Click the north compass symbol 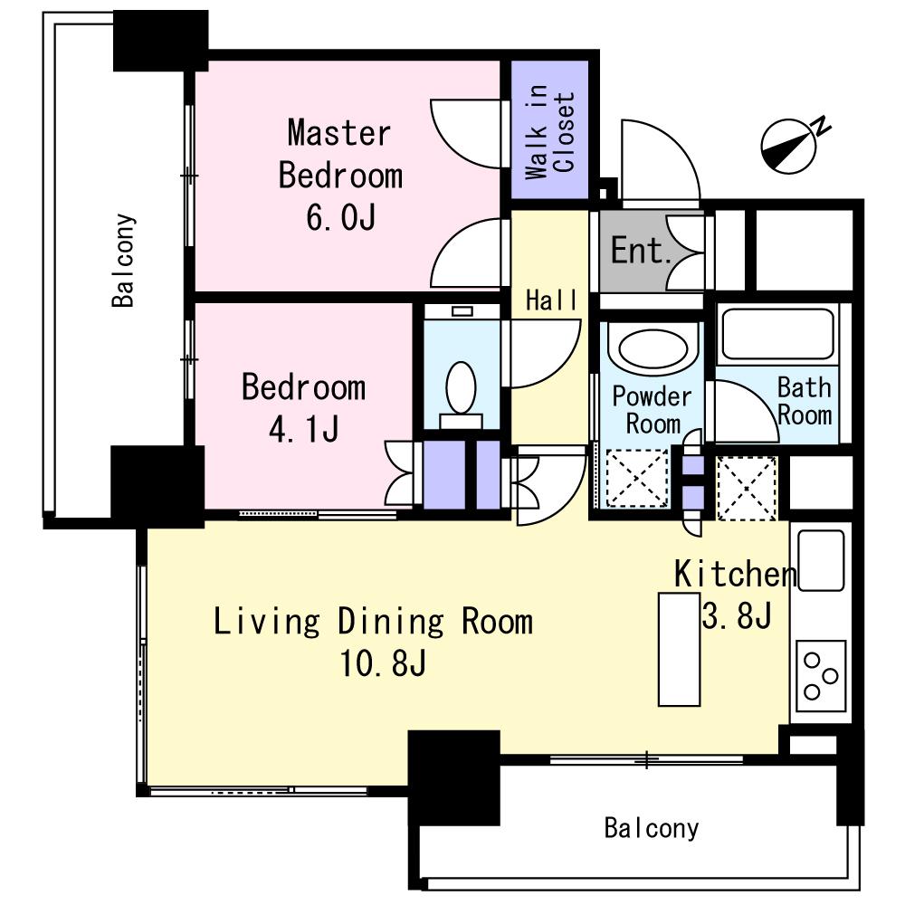click(791, 146)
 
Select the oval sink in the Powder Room click(653, 348)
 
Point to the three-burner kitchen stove click(821, 675)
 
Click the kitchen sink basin click(821, 560)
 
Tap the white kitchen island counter click(680, 649)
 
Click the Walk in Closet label click(550, 132)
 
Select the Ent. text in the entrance click(640, 251)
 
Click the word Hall click(551, 300)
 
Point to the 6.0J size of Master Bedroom click(340, 217)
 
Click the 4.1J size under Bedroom click(303, 429)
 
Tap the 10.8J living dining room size click(383, 663)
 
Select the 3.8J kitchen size click(737, 615)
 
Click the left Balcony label click(123, 261)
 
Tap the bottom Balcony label click(651, 829)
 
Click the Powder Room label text click(653, 410)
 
